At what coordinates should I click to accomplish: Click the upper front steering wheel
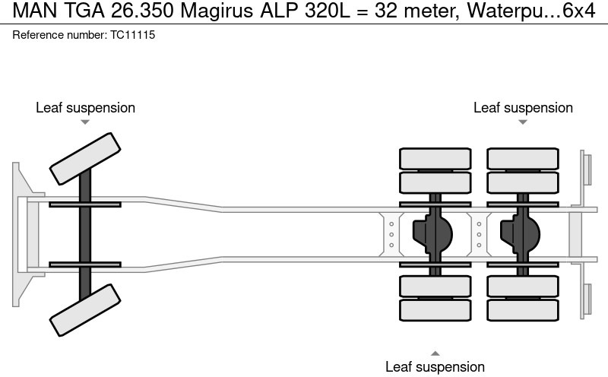pos(85,158)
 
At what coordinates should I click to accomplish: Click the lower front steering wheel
pos(85,309)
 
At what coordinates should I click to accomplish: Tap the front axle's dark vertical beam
pos(85,234)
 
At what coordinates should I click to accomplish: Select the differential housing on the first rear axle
pos(432,234)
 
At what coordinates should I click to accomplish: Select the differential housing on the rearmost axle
pos(520,234)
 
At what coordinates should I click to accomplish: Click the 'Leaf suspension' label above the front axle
pos(85,108)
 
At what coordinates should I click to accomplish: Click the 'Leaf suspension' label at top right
pos(523,108)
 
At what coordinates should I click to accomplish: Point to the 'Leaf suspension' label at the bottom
pos(435,367)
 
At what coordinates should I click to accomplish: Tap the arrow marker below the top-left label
pos(85,122)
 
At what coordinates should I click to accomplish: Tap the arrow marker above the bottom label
pos(435,353)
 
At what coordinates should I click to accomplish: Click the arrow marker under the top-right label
pos(523,122)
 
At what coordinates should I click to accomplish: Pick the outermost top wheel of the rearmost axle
pos(522,158)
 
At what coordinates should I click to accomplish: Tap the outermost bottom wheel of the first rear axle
pos(434,310)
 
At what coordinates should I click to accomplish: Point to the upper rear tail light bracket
pos(587,168)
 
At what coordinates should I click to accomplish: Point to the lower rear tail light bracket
pos(587,299)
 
